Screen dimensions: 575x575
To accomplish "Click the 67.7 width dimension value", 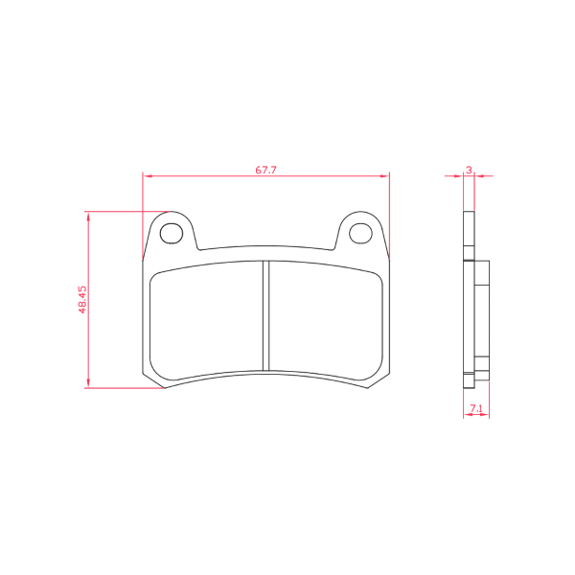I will click(265, 170).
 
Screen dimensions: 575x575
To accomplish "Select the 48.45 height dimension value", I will click(82, 299).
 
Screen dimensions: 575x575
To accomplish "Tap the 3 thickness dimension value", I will click(468, 170).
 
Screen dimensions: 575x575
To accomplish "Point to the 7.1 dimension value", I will click(475, 409).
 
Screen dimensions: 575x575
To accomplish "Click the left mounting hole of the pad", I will click(172, 232).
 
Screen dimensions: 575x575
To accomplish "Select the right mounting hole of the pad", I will click(360, 232).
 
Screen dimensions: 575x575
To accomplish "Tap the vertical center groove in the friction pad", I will click(266, 315).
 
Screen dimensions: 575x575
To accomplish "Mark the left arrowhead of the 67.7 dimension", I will click(146, 176).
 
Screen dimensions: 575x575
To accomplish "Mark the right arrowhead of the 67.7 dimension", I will click(387, 176).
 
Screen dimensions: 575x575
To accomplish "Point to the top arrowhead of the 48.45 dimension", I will click(89, 214).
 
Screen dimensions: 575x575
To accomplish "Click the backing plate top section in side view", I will click(468, 235).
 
